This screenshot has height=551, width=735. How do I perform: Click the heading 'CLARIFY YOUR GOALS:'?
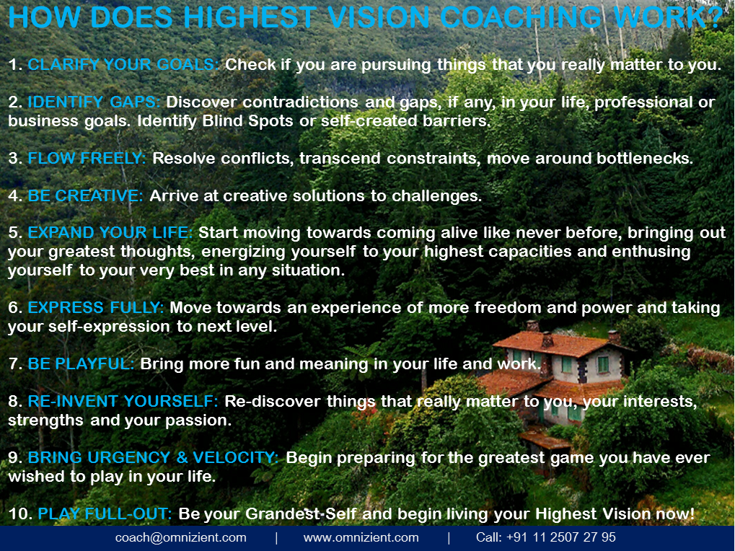(123, 65)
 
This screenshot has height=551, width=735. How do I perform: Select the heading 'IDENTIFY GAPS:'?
(94, 102)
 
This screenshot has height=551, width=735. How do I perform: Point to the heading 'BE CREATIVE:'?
(85, 196)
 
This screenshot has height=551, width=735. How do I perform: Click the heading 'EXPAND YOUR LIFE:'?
(110, 234)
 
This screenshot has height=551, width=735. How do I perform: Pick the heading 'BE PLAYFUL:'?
(81, 364)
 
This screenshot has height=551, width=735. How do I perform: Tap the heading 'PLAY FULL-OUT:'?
(105, 514)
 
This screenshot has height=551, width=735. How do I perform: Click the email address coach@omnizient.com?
(180, 538)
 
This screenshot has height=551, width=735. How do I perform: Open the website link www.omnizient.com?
(361, 538)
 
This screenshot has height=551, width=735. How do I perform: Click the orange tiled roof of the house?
(563, 344)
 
